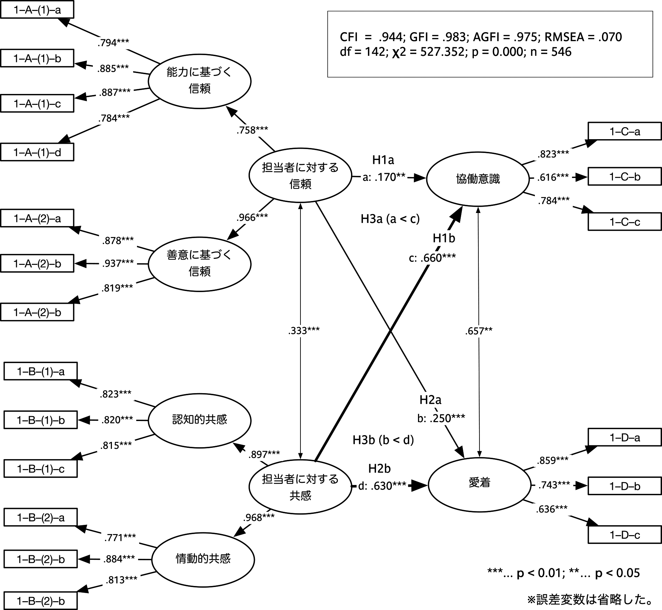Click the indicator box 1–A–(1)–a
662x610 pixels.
pyautogui.click(x=37, y=10)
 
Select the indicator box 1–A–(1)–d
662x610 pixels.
pyautogui.click(x=37, y=152)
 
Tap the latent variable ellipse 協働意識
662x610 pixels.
pyautogui.click(x=478, y=179)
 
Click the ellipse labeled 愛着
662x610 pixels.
pyautogui.click(x=479, y=482)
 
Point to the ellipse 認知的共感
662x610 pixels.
pyautogui.click(x=199, y=420)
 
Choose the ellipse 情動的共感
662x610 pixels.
pyautogui.click(x=203, y=559)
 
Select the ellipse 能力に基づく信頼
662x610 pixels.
pyautogui.click(x=199, y=81)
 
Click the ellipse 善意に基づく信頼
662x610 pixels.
pyautogui.click(x=199, y=263)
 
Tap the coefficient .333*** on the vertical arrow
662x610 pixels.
pyautogui.click(x=304, y=331)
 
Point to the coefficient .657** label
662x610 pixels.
pyautogui.click(x=478, y=331)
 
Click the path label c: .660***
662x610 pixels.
pyautogui.click(x=432, y=258)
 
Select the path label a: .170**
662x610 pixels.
pyautogui.click(x=384, y=177)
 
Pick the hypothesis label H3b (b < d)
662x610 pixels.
pyautogui.click(x=383, y=440)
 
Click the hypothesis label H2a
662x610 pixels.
pyautogui.click(x=430, y=400)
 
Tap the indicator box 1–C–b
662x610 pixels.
pyautogui.click(x=624, y=177)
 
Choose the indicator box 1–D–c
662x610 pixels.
pyautogui.click(x=624, y=535)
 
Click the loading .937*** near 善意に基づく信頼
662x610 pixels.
pyautogui.click(x=118, y=263)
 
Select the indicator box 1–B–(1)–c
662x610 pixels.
pyautogui.click(x=41, y=469)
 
